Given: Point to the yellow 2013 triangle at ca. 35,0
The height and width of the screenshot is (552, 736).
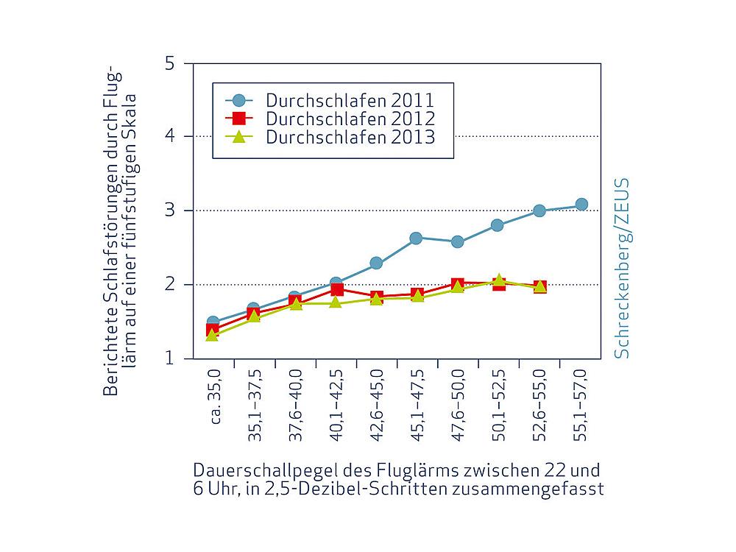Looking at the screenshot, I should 213,335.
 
